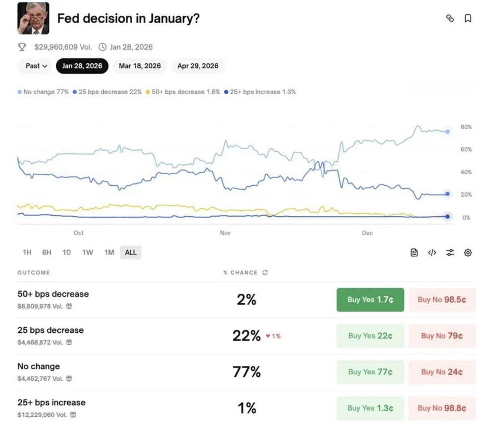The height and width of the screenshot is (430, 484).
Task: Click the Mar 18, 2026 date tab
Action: pyautogui.click(x=140, y=66)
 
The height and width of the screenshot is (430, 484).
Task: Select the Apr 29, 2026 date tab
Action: pyautogui.click(x=198, y=66)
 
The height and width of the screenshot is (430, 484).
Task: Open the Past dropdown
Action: pyautogui.click(x=36, y=66)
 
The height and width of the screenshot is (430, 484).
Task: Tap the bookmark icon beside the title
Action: pyautogui.click(x=468, y=18)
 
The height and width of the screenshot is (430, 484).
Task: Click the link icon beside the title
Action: pyautogui.click(x=450, y=18)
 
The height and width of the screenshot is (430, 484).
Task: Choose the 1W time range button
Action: pyautogui.click(x=88, y=253)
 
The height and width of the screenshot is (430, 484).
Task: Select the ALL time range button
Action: pyautogui.click(x=131, y=253)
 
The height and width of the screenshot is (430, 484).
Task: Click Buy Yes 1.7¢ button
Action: pyautogui.click(x=370, y=300)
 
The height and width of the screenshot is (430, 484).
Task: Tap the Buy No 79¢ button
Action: pyautogui.click(x=442, y=336)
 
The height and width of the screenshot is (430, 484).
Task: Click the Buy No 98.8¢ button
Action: pyautogui.click(x=442, y=408)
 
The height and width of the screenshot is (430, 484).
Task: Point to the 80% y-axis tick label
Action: pyautogui.click(x=466, y=127)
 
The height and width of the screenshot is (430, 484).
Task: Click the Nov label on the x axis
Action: pyautogui.click(x=225, y=233)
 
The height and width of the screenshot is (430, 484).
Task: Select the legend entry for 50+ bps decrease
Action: pyautogui.click(x=183, y=92)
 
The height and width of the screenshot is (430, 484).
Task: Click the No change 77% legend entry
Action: pyautogui.click(x=43, y=92)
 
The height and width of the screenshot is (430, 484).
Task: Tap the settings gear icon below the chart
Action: pyautogui.click(x=468, y=253)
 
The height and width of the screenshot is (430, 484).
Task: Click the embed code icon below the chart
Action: pyautogui.click(x=432, y=253)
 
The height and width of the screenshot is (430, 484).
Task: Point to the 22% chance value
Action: pyautogui.click(x=246, y=336)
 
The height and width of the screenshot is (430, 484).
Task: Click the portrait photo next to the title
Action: pyautogui.click(x=33, y=19)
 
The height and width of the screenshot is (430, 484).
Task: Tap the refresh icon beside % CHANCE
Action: pyautogui.click(x=265, y=273)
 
